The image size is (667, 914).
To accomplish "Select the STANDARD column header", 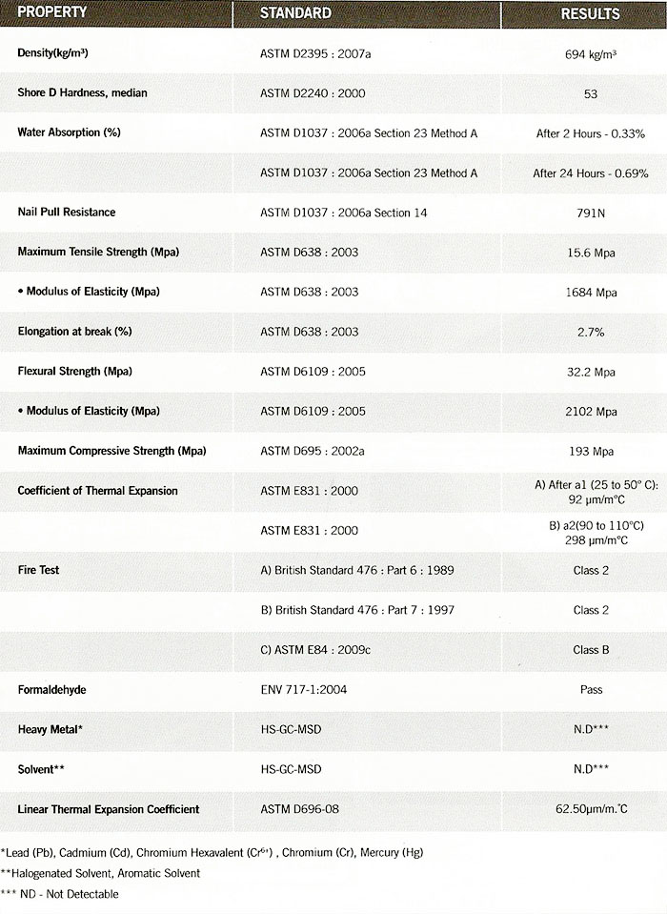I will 296,13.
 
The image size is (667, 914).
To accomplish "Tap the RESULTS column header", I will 590,14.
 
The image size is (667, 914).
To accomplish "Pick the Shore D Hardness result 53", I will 591,93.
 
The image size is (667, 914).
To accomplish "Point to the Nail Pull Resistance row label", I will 67,212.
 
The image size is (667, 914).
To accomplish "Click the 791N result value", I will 591,213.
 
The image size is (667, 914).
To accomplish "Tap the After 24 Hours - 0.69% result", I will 591,173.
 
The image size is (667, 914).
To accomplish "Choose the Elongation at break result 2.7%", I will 591,332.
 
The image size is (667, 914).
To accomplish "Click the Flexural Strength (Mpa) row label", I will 75,371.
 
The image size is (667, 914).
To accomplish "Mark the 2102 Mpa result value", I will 591,411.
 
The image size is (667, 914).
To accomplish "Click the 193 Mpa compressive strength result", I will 591,451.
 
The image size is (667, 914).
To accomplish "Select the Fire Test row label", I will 39,570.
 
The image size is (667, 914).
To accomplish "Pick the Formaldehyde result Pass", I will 591,689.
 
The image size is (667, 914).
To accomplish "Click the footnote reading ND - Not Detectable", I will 60,894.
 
